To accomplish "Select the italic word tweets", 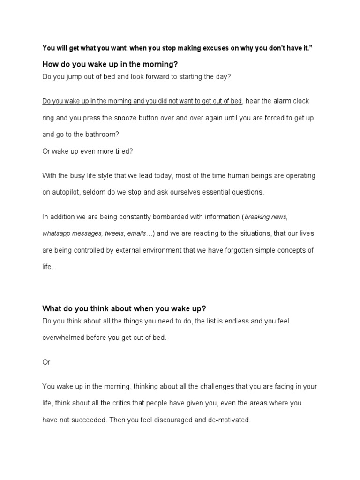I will [x=115, y=233].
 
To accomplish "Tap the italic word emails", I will [x=138, y=233].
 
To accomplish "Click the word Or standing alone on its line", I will [x=46, y=362].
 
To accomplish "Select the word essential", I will [x=187, y=192].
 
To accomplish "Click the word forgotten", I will [x=243, y=250].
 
